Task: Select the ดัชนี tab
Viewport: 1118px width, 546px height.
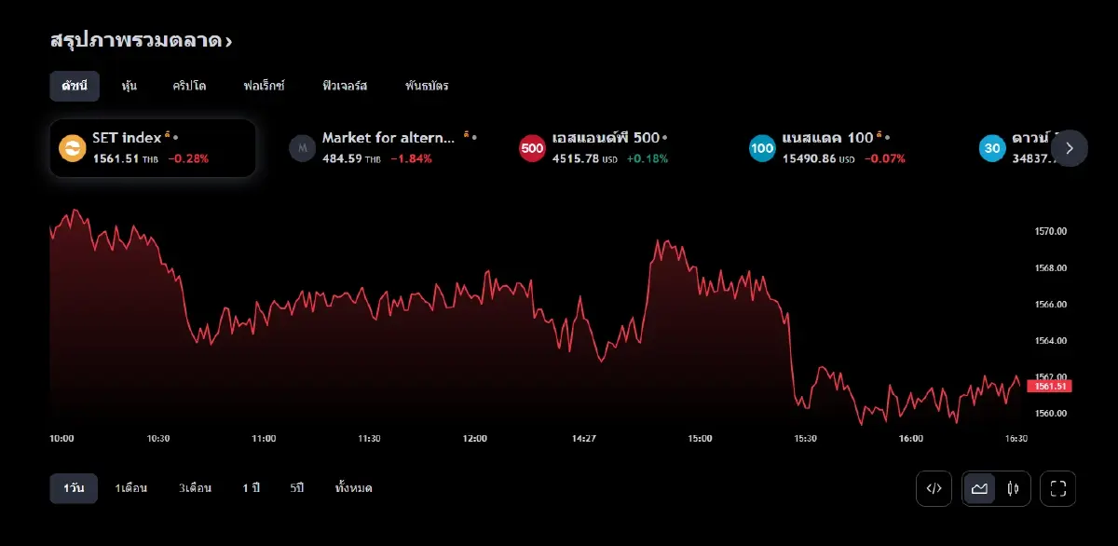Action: point(75,86)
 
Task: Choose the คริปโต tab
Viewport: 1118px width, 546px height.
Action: point(189,86)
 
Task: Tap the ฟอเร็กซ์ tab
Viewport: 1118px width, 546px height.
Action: point(264,86)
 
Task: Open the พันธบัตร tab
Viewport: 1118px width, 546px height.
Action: point(427,86)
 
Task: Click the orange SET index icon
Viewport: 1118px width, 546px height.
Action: point(72,147)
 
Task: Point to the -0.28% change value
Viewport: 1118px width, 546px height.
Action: point(188,158)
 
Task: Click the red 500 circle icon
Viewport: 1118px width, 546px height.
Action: point(532,147)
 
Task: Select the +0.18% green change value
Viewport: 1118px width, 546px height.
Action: point(647,158)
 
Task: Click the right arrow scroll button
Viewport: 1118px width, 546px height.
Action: point(1070,147)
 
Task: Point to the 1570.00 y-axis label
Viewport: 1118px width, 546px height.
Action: point(1051,231)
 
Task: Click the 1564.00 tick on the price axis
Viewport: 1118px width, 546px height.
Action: point(1051,340)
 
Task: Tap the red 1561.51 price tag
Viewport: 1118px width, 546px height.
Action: point(1049,386)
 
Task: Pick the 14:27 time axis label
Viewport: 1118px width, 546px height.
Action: point(584,438)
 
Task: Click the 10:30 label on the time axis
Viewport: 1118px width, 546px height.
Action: point(158,438)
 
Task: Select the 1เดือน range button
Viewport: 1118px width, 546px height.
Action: point(130,488)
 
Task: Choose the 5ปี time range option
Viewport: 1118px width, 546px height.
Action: point(297,488)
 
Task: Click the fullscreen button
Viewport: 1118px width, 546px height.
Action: point(1057,488)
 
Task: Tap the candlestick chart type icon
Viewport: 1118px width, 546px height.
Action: point(1013,488)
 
